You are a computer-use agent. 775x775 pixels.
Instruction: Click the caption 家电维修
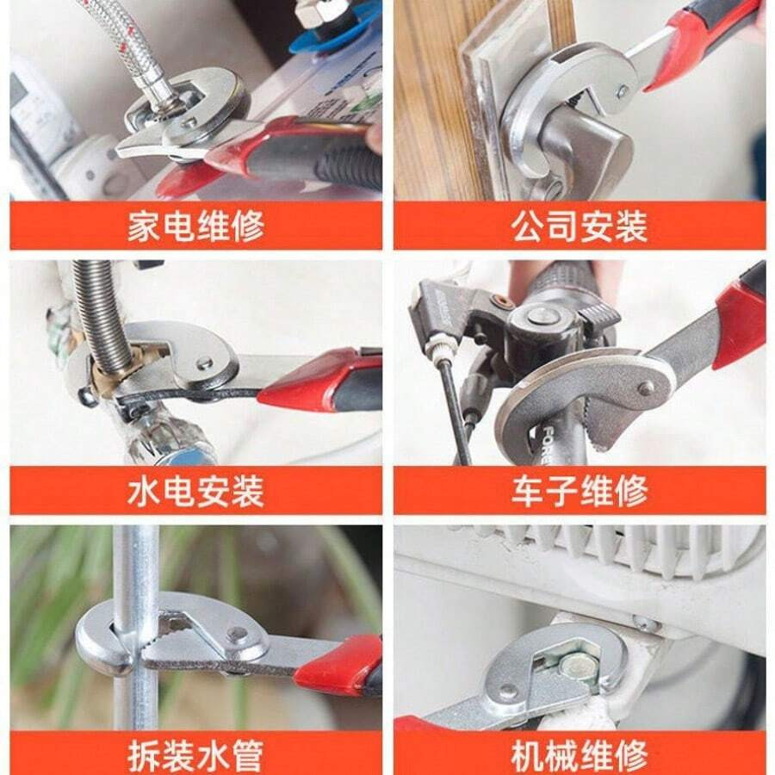pyautogui.click(x=195, y=226)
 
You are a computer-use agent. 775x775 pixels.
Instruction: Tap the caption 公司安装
pyautogui.click(x=579, y=226)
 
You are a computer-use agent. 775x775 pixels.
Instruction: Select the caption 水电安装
pyautogui.click(x=195, y=492)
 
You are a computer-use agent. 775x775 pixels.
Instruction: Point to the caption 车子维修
pyautogui.click(x=579, y=492)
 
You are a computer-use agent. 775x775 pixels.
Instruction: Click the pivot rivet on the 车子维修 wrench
pyautogui.click(x=646, y=388)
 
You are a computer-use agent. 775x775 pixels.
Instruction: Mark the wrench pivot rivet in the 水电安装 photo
pyautogui.click(x=205, y=363)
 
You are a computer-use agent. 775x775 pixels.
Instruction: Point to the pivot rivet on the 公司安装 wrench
pyautogui.click(x=622, y=89)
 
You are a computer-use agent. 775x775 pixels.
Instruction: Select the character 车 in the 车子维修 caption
pyautogui.click(x=529, y=492)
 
